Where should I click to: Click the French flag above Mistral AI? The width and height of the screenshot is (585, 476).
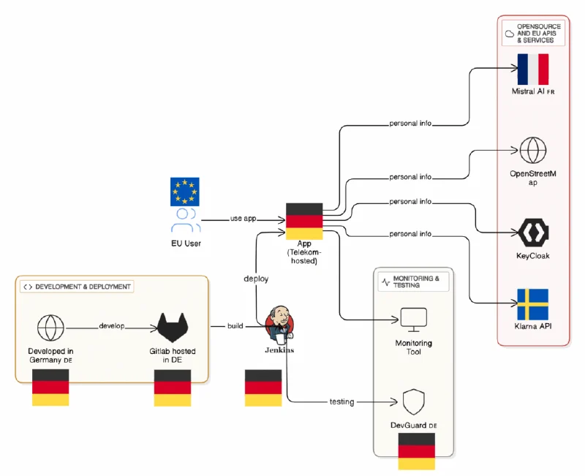pyautogui.click(x=532, y=69)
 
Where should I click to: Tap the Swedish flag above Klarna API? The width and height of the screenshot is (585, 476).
pyautogui.click(x=532, y=306)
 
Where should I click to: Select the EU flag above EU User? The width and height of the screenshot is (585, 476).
pyautogui.click(x=184, y=191)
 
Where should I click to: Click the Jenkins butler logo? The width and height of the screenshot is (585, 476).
pyautogui.click(x=280, y=324)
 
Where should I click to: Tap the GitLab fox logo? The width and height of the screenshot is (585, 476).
pyautogui.click(x=173, y=326)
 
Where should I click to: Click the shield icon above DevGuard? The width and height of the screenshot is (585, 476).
pyautogui.click(x=413, y=401)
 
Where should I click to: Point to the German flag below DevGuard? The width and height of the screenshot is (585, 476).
pyautogui.click(x=416, y=451)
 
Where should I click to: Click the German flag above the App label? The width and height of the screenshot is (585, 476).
pyautogui.click(x=304, y=222)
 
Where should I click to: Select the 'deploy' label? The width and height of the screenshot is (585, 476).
pyautogui.click(x=256, y=279)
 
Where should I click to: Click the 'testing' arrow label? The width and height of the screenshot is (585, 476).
pyautogui.click(x=341, y=401)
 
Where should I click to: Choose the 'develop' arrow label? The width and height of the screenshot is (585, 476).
pyautogui.click(x=113, y=325)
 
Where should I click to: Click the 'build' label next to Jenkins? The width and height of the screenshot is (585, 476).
pyautogui.click(x=235, y=325)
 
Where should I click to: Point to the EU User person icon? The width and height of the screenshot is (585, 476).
pyautogui.click(x=186, y=220)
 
